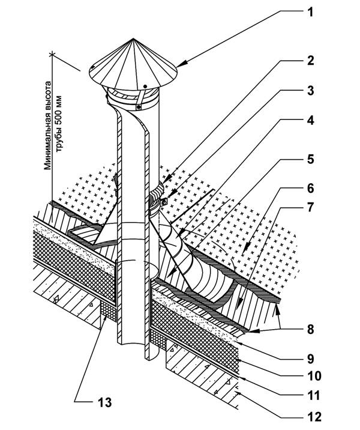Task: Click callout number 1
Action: click(310, 12)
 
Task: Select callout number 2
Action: click(310, 60)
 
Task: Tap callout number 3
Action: click(310, 91)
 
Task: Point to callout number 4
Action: click(310, 120)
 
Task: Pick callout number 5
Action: click(310, 159)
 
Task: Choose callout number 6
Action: click(310, 188)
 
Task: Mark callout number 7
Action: click(310, 207)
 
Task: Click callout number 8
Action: click(310, 329)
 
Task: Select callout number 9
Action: click(310, 359)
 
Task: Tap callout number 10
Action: click(314, 376)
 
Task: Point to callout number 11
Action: click(313, 395)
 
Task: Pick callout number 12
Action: click(314, 417)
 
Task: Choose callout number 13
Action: click(104, 402)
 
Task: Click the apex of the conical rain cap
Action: click(133, 38)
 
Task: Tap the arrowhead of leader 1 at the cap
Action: click(180, 64)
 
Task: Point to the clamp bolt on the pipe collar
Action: click(164, 202)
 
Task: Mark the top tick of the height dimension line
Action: click(52, 55)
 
